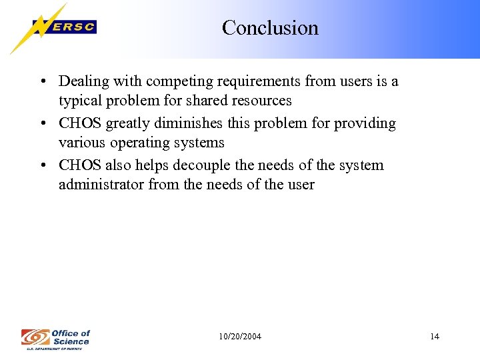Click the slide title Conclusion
270,28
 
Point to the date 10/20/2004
240,337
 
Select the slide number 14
435,337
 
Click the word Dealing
82,82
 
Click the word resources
260,101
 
